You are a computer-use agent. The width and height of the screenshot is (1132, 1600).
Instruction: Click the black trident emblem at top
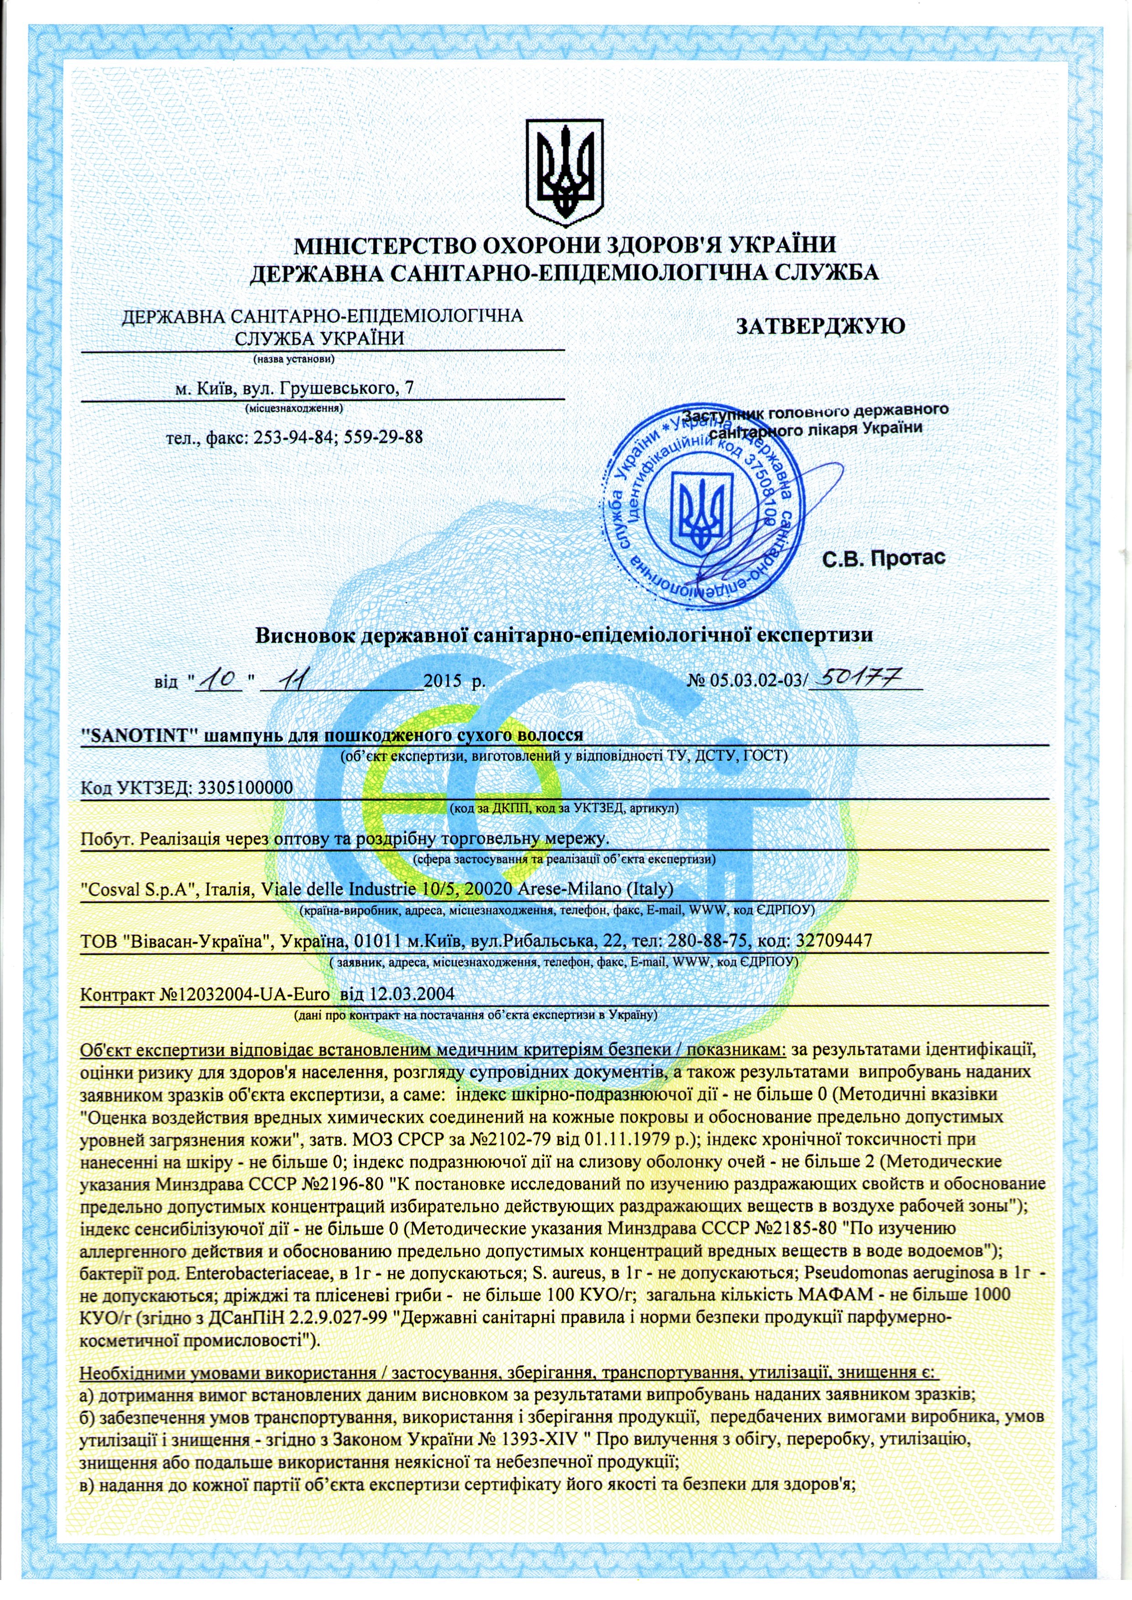[565, 168]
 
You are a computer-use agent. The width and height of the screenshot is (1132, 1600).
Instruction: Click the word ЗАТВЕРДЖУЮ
[820, 325]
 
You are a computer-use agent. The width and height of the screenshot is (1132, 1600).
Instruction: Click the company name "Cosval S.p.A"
[136, 890]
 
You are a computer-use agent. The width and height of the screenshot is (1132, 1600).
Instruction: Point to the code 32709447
[833, 942]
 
